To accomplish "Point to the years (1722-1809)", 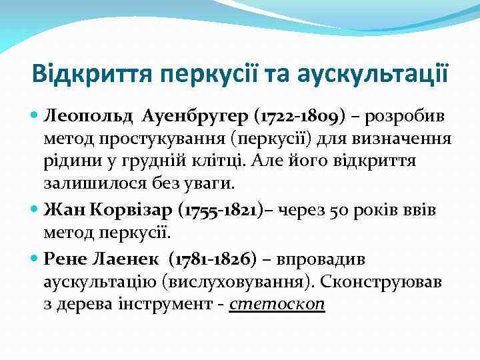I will [x=291, y=118].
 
